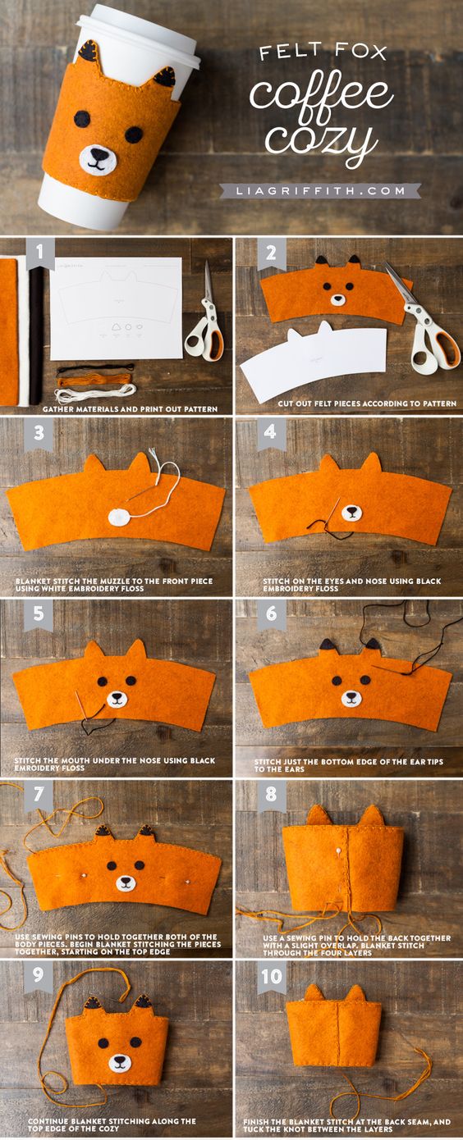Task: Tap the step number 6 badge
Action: click(271, 614)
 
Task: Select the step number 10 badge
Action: click(271, 977)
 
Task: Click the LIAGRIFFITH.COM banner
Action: click(320, 191)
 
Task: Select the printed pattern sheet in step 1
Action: click(116, 308)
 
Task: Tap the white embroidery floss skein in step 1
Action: click(95, 393)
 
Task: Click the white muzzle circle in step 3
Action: click(119, 517)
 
